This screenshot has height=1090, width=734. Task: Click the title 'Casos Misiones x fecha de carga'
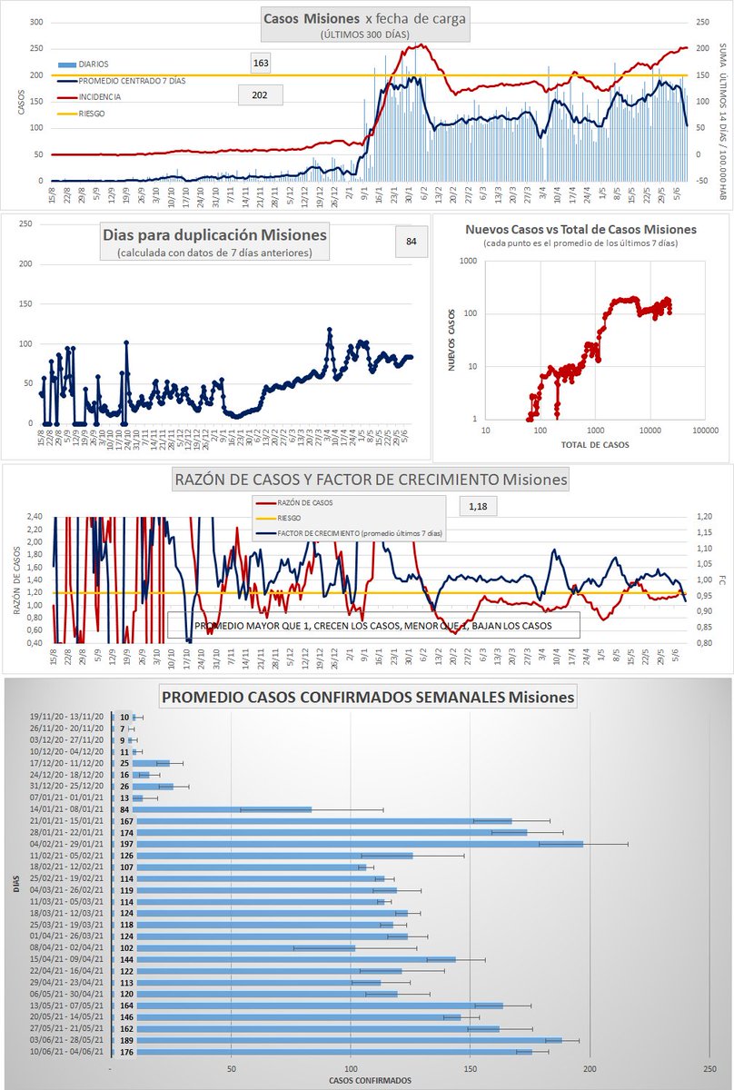point(365,19)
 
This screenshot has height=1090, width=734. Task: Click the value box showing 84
point(412,241)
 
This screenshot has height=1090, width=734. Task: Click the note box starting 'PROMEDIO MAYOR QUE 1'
point(373,627)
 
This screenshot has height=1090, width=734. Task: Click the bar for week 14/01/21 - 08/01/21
point(212,809)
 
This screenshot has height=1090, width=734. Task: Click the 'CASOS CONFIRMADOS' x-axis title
point(371,1080)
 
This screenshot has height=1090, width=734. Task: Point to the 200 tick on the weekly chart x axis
point(590,1068)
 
